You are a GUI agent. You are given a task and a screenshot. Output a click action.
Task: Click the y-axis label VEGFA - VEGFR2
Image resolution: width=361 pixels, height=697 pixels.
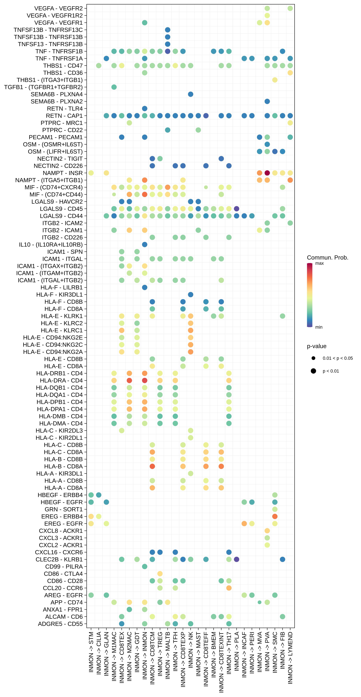(59, 8)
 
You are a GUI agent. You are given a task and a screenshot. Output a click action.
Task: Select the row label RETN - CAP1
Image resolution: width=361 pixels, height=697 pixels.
(64, 116)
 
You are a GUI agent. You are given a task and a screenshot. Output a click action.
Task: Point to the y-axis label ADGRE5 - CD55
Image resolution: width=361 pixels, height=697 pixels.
(60, 624)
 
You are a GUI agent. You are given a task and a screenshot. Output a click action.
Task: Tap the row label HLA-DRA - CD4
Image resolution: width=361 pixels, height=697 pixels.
(61, 380)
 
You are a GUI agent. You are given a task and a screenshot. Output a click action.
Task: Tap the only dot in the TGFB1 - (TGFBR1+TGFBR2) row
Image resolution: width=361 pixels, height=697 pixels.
(114, 87)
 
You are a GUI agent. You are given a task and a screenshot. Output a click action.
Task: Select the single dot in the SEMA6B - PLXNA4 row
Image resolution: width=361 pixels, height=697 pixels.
(191, 94)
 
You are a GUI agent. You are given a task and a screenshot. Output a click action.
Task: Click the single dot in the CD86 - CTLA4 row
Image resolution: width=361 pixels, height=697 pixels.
(160, 574)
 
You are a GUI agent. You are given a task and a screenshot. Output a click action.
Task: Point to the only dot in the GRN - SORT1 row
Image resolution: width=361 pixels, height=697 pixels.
(275, 509)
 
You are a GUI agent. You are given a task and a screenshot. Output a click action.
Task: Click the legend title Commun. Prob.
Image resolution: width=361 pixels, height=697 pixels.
(327, 258)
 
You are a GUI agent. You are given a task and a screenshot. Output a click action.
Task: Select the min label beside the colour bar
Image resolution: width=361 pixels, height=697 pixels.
(319, 327)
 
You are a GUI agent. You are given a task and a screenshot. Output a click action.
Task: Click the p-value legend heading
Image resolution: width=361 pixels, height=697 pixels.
(317, 346)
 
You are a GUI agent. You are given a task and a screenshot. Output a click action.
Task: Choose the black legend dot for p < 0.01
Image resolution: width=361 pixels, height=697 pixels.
(313, 371)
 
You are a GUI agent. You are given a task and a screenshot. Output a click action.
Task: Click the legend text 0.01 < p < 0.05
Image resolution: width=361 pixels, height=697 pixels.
(337, 358)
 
